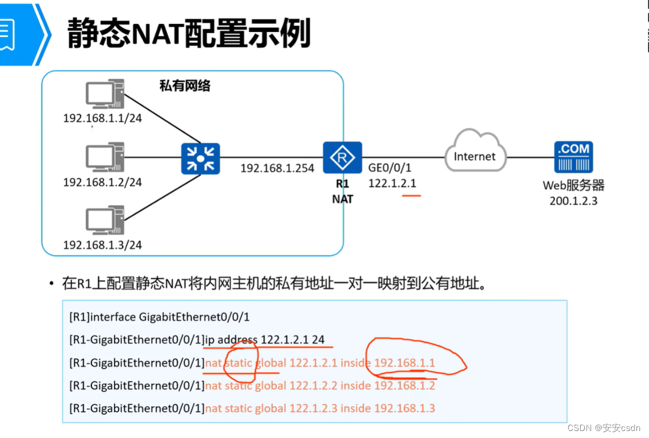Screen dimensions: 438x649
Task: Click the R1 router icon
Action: [343, 157]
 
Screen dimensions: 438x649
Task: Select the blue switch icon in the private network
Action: [200, 157]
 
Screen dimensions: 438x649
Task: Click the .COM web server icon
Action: [573, 157]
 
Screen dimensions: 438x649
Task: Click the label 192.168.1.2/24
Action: [102, 182]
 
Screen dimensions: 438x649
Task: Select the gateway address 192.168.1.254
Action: [277, 168]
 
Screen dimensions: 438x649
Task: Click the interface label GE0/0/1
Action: [390, 168]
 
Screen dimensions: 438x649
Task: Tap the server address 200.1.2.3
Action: [573, 201]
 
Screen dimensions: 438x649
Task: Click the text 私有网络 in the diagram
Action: [185, 86]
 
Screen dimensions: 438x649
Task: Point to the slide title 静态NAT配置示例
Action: [189, 33]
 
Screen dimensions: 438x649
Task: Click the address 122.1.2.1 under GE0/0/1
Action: [392, 183]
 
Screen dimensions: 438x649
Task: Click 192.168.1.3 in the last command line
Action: [405, 408]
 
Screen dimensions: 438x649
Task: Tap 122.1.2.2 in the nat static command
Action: [313, 386]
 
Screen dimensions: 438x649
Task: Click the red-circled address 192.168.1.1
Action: [405, 363]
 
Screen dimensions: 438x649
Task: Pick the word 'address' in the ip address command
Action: [237, 340]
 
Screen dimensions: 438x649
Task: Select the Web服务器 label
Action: [573, 186]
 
